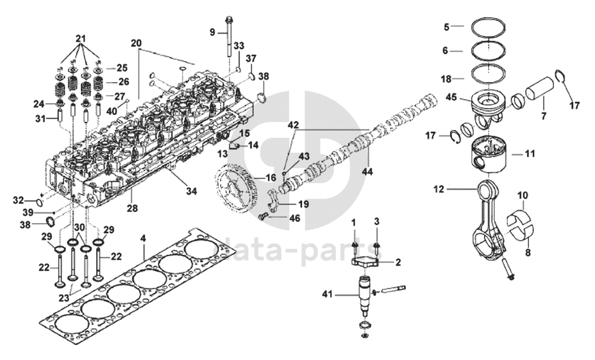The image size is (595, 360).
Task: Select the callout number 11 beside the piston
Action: (529, 153)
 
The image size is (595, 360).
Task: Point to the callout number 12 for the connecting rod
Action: (440, 189)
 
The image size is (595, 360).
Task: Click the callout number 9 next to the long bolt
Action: (213, 31)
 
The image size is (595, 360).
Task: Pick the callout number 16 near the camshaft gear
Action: (270, 178)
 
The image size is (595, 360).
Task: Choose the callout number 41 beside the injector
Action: (328, 293)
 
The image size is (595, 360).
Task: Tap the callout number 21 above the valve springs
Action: (80, 39)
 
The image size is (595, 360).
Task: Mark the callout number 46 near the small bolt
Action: (294, 218)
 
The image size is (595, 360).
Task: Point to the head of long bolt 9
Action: (229, 19)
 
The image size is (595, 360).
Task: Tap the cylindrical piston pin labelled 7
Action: (540, 93)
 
